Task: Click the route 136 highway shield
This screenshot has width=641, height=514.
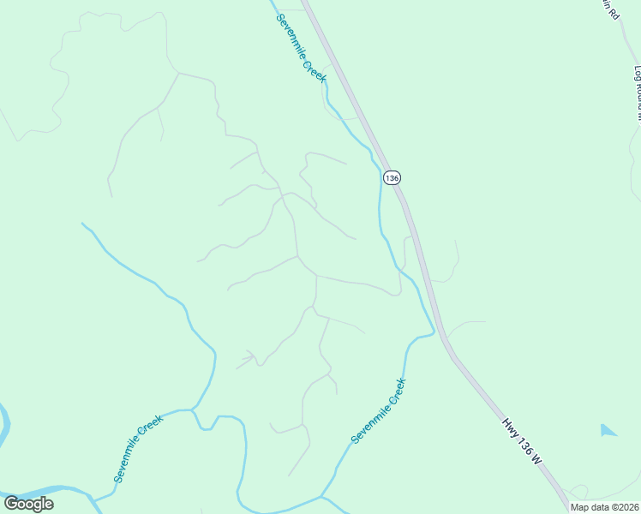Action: pos(392,177)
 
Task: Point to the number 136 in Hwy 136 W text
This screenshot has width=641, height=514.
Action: pos(524,442)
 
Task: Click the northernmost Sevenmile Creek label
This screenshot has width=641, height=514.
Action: pos(302,48)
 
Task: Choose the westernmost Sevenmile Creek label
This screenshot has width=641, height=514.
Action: pos(138,449)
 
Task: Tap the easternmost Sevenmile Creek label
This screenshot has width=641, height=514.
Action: pos(378,411)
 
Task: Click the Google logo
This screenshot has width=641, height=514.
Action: pos(28,504)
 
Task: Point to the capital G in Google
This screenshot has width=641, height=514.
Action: pos(10,504)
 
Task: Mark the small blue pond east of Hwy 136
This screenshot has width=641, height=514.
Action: pos(608,430)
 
